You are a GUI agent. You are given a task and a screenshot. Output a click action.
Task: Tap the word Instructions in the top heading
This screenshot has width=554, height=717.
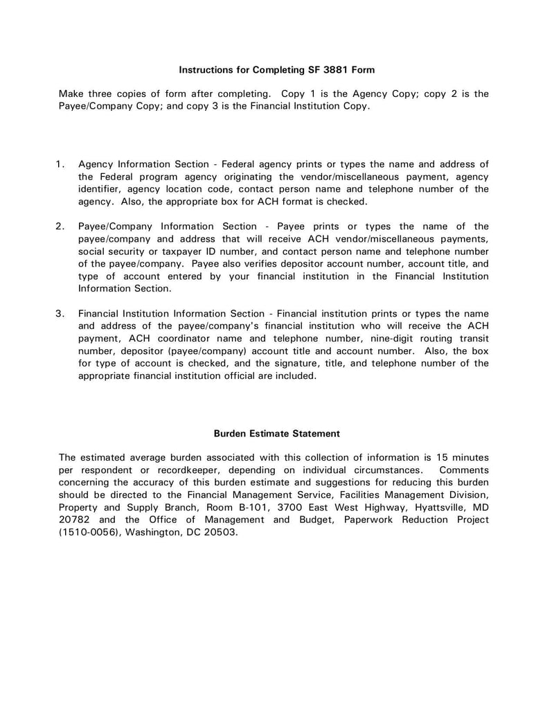pyautogui.click(x=206, y=70)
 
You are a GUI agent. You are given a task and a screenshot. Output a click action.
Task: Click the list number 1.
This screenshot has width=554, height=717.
pyautogui.click(x=60, y=164)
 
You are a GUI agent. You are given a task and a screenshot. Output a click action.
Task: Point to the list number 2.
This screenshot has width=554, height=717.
pyautogui.click(x=60, y=227)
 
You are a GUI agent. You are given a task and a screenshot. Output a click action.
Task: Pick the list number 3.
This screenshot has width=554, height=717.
pyautogui.click(x=60, y=314)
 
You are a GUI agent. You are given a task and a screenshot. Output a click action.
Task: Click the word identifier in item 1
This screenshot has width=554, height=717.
pyautogui.click(x=102, y=189)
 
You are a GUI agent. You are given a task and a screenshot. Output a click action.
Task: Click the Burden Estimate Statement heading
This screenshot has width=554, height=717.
pyautogui.click(x=276, y=434)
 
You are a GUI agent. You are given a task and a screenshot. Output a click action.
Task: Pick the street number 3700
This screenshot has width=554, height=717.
pyautogui.click(x=290, y=507)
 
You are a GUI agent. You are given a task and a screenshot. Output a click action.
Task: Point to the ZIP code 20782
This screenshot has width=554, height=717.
pyautogui.click(x=75, y=520)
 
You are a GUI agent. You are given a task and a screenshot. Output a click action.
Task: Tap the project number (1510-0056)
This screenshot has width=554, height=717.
pyautogui.click(x=91, y=532)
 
